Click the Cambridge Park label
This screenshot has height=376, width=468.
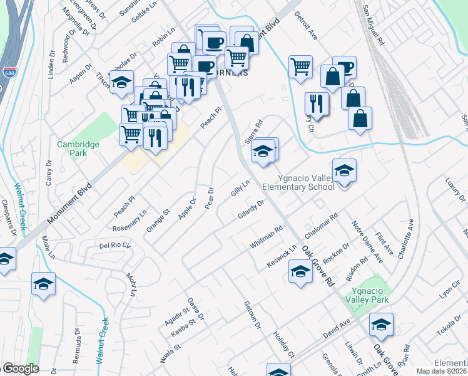[78, 149]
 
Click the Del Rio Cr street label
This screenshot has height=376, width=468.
[114, 244]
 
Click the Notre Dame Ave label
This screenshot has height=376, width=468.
[367, 241]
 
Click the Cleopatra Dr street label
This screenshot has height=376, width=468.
[8, 217]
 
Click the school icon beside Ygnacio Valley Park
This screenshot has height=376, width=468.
[380, 325]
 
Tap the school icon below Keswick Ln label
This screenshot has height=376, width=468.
[300, 272]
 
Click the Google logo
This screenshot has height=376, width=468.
[21, 368]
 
